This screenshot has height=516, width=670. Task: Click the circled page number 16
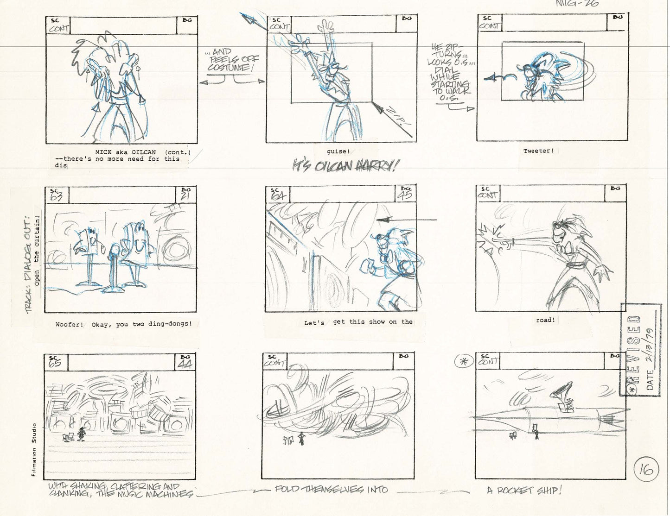[646, 470]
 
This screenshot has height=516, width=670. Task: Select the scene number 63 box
[56, 195]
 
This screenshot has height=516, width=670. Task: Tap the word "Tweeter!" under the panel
[538, 151]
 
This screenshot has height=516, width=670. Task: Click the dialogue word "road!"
[545, 320]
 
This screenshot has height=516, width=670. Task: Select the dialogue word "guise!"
[338, 151]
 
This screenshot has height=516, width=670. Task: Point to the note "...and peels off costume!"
[232, 61]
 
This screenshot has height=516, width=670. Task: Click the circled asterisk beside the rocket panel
[461, 362]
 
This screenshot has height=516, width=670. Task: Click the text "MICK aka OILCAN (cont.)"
[143, 152]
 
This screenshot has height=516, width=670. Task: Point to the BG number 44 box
[185, 362]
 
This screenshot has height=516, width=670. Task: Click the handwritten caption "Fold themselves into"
[331, 490]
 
